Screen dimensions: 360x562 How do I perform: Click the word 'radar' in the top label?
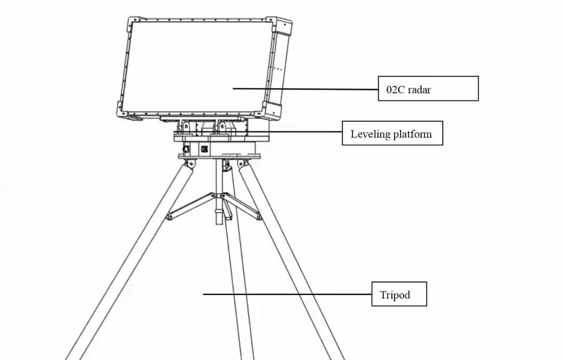pyautogui.click(x=419, y=89)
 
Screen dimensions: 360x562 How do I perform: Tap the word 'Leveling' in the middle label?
pyautogui.click(x=370, y=134)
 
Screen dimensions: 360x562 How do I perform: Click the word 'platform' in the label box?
pyautogui.click(x=412, y=134)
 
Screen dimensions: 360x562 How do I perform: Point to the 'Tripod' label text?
pyautogui.click(x=395, y=295)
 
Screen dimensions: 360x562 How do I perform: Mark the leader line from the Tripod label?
pyautogui.click(x=287, y=294)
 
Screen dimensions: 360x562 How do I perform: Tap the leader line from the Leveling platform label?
pyautogui.click(x=307, y=131)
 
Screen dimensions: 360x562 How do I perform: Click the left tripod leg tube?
pyautogui.click(x=130, y=260)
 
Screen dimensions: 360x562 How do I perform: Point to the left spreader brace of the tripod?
pyautogui.click(x=190, y=205)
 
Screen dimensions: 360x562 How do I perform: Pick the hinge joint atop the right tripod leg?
pyautogui.click(x=240, y=164)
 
